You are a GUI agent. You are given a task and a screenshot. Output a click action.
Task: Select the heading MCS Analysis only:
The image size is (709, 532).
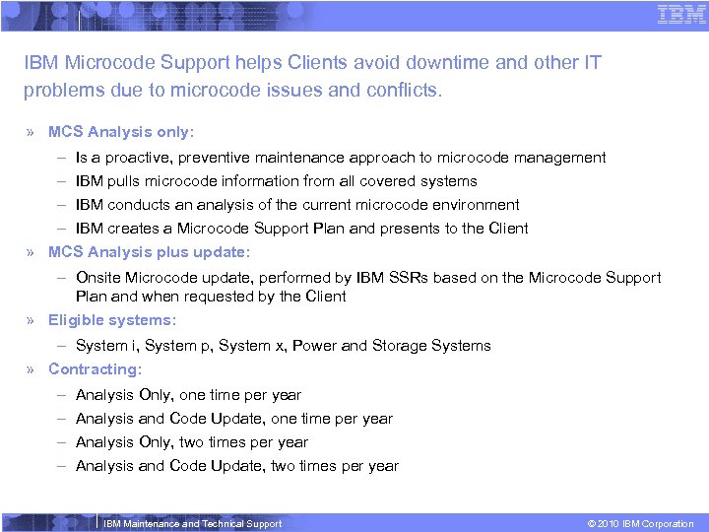121,132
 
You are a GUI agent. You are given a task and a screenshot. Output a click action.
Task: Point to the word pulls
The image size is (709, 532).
129,181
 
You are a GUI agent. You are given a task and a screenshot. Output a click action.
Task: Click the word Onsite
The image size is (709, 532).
98,278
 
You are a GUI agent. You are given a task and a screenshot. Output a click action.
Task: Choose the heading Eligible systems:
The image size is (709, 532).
112,320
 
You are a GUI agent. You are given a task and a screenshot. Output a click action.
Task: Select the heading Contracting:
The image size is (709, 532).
95,369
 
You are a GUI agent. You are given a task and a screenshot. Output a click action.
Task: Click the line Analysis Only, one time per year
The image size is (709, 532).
188,395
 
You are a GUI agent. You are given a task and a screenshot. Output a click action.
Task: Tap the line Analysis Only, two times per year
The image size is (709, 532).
191,442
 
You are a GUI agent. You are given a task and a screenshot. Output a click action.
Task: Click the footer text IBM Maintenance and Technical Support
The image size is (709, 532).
192,524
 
